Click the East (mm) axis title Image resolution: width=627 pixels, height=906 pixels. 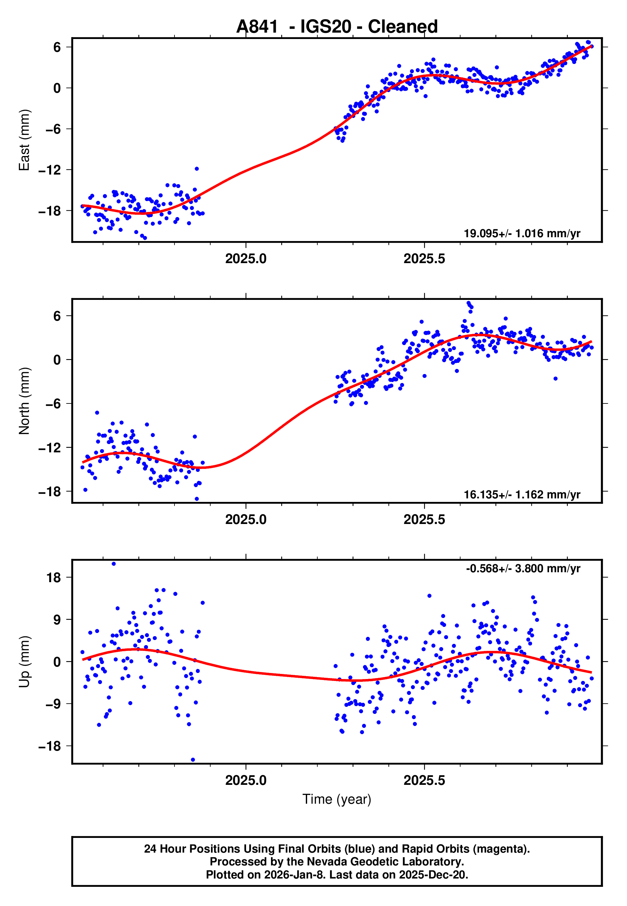tap(24, 140)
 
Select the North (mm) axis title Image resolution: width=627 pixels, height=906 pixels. tap(24, 401)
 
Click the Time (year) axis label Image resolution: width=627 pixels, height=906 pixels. tap(337, 799)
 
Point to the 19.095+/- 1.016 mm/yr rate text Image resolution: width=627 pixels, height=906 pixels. tap(522, 233)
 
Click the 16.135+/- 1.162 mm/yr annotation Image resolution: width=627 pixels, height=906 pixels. tap(522, 494)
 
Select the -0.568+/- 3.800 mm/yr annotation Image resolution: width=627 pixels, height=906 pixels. tap(523, 568)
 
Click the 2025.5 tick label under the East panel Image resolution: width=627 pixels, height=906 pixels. tap(424, 259)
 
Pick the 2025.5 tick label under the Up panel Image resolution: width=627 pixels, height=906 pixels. tap(424, 780)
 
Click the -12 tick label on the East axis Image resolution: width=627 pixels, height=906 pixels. tap(50, 170)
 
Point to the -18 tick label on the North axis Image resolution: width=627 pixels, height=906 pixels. tap(50, 491)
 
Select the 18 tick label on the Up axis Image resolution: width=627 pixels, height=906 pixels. tap(53, 578)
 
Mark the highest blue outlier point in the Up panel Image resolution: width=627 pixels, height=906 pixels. tap(113, 564)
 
